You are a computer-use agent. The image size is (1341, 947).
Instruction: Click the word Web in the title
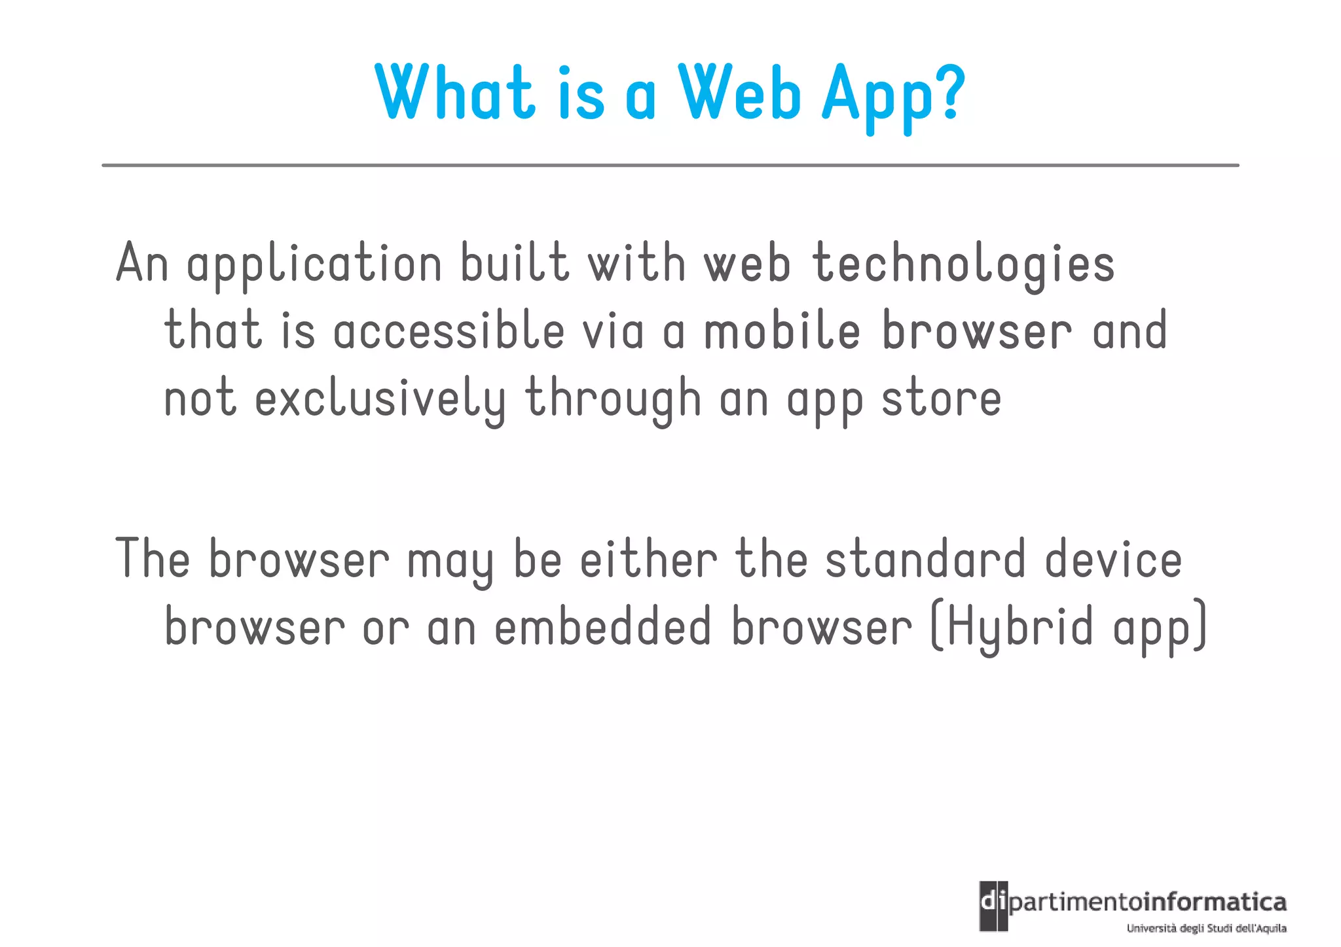[x=739, y=93]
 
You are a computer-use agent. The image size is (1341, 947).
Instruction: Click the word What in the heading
[x=456, y=93]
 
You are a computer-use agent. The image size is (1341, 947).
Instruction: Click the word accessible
[x=449, y=331]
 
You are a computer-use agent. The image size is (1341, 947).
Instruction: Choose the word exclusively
[x=380, y=399]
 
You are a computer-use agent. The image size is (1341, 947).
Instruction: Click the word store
[x=941, y=399]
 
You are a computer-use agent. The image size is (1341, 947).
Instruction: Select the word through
[x=613, y=399]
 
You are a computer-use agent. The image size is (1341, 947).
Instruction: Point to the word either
[x=648, y=560]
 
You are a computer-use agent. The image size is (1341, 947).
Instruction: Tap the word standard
[x=925, y=560]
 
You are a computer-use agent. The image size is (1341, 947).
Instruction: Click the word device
[x=1112, y=560]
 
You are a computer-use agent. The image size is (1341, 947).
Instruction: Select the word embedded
[x=602, y=627]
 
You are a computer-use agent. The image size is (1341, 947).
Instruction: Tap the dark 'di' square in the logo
[x=993, y=906]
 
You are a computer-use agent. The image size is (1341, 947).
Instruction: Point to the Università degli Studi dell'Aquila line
[x=1206, y=928]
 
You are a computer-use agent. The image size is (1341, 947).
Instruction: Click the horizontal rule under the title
[x=670, y=166]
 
